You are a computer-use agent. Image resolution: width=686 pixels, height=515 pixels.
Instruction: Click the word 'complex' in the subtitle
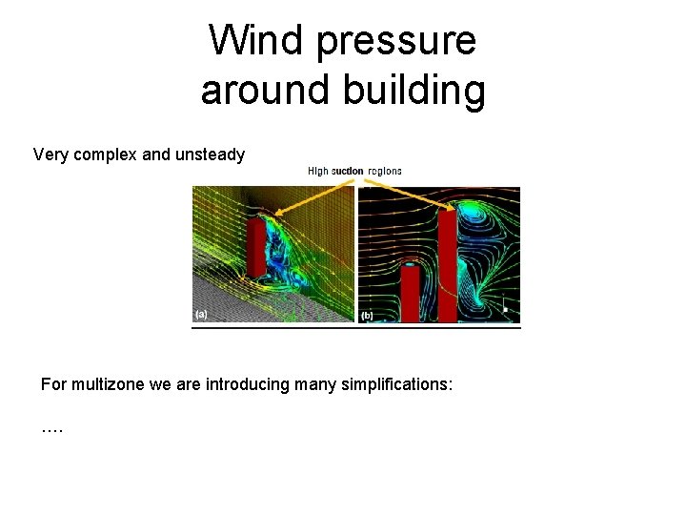104,154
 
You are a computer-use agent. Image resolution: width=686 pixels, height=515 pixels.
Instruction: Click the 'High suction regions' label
354,172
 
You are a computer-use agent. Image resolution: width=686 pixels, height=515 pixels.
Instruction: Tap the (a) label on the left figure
202,313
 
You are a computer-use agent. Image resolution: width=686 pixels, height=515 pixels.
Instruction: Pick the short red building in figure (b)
410,293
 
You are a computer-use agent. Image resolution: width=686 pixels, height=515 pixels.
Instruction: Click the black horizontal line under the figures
356,327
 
